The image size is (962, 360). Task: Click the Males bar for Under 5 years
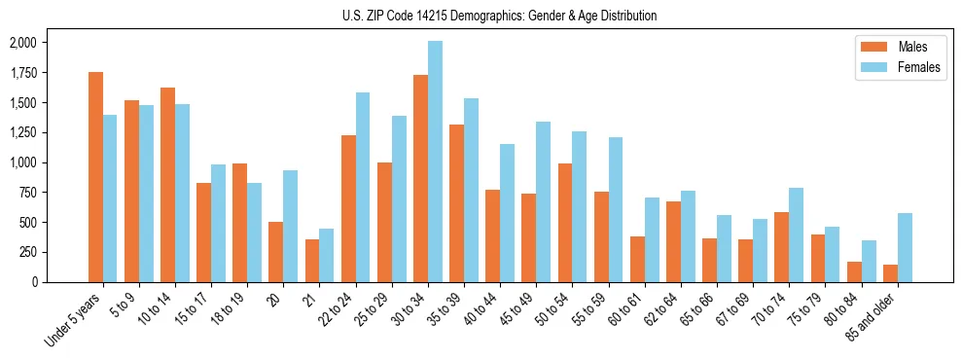point(95,177)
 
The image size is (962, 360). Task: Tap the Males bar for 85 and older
point(890,273)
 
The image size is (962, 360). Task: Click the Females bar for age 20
point(290,226)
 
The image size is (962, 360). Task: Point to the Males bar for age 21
point(311,261)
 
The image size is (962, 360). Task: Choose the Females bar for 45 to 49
point(543,201)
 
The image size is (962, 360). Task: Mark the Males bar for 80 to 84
point(854,271)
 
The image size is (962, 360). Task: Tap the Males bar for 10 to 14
point(167,185)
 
